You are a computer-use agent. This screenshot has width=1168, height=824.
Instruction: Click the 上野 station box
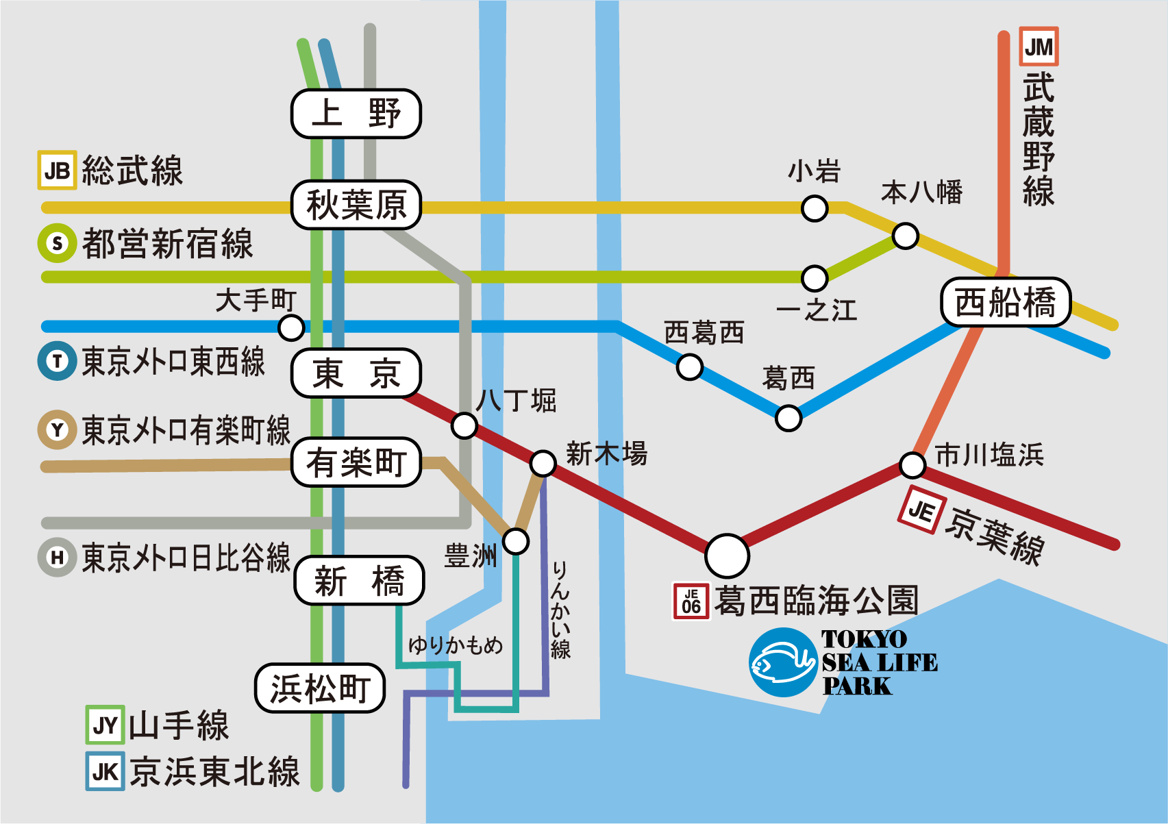[x=356, y=114]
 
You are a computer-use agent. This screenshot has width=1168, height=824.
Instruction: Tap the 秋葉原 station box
[x=356, y=205]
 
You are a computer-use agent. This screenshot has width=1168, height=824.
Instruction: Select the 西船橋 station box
[x=1006, y=302]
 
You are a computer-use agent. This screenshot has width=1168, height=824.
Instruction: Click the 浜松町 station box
[x=320, y=688]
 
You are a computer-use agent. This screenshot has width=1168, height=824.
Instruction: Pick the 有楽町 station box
[x=356, y=462]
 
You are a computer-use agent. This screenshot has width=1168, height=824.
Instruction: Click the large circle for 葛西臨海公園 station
[x=727, y=555]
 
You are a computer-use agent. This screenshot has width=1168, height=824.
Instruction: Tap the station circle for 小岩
[x=815, y=208]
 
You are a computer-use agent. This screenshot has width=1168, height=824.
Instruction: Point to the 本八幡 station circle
[x=905, y=236]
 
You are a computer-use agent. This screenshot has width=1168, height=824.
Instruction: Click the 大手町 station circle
[x=291, y=327]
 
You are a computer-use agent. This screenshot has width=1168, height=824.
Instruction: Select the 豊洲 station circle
[x=516, y=541]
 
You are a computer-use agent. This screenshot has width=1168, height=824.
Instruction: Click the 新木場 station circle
[x=543, y=464]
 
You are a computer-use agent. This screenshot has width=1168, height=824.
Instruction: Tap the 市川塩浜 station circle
[x=912, y=465]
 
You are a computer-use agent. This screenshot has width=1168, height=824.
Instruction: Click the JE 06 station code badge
[x=691, y=601]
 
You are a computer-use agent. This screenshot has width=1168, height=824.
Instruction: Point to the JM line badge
[x=1039, y=47]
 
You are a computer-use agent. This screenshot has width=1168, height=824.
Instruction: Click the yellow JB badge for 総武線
[x=57, y=170]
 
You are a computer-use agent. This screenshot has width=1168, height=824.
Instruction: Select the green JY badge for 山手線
[x=105, y=725]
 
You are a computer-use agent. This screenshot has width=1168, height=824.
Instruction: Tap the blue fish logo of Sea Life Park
[x=782, y=662]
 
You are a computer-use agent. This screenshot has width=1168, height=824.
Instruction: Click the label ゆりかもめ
[x=456, y=645]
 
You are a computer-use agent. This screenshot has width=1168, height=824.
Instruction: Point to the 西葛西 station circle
[x=689, y=366]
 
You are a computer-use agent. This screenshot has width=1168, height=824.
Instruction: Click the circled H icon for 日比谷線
[x=57, y=557]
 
